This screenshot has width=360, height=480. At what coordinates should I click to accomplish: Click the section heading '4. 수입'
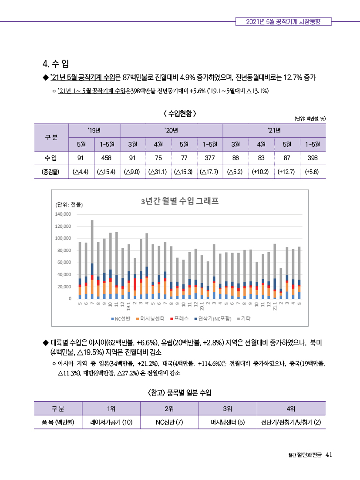click(56, 64)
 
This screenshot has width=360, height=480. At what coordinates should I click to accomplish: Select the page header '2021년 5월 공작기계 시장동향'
click(283, 21)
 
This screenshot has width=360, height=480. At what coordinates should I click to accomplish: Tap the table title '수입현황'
click(180, 114)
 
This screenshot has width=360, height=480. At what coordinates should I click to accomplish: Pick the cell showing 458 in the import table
click(107, 158)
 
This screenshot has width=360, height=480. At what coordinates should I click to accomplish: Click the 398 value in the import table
click(312, 158)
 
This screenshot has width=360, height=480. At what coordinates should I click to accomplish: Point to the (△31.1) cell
click(158, 172)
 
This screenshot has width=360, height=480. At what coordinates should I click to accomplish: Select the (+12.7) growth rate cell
click(286, 172)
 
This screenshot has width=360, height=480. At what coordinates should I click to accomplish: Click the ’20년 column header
click(171, 131)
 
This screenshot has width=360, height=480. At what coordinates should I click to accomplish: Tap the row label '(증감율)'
click(50, 172)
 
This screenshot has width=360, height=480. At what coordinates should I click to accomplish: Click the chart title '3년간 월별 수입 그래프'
click(180, 201)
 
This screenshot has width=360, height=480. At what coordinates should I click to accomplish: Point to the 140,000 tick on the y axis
click(63, 214)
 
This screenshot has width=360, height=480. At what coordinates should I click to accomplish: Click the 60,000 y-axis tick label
click(64, 262)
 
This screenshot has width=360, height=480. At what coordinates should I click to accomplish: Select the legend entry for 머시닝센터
click(151, 319)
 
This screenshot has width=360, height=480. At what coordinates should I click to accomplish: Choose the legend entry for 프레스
click(179, 319)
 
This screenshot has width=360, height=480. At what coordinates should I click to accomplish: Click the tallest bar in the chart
click(92, 259)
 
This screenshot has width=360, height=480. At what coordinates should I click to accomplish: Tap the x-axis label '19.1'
click(128, 305)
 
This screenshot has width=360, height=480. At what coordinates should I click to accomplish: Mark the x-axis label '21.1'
click(275, 305)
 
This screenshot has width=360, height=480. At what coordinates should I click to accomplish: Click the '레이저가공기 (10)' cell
click(111, 422)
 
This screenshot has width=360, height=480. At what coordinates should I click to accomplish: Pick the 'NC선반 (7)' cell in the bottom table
click(169, 422)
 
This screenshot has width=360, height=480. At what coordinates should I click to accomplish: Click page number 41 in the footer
click(329, 455)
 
